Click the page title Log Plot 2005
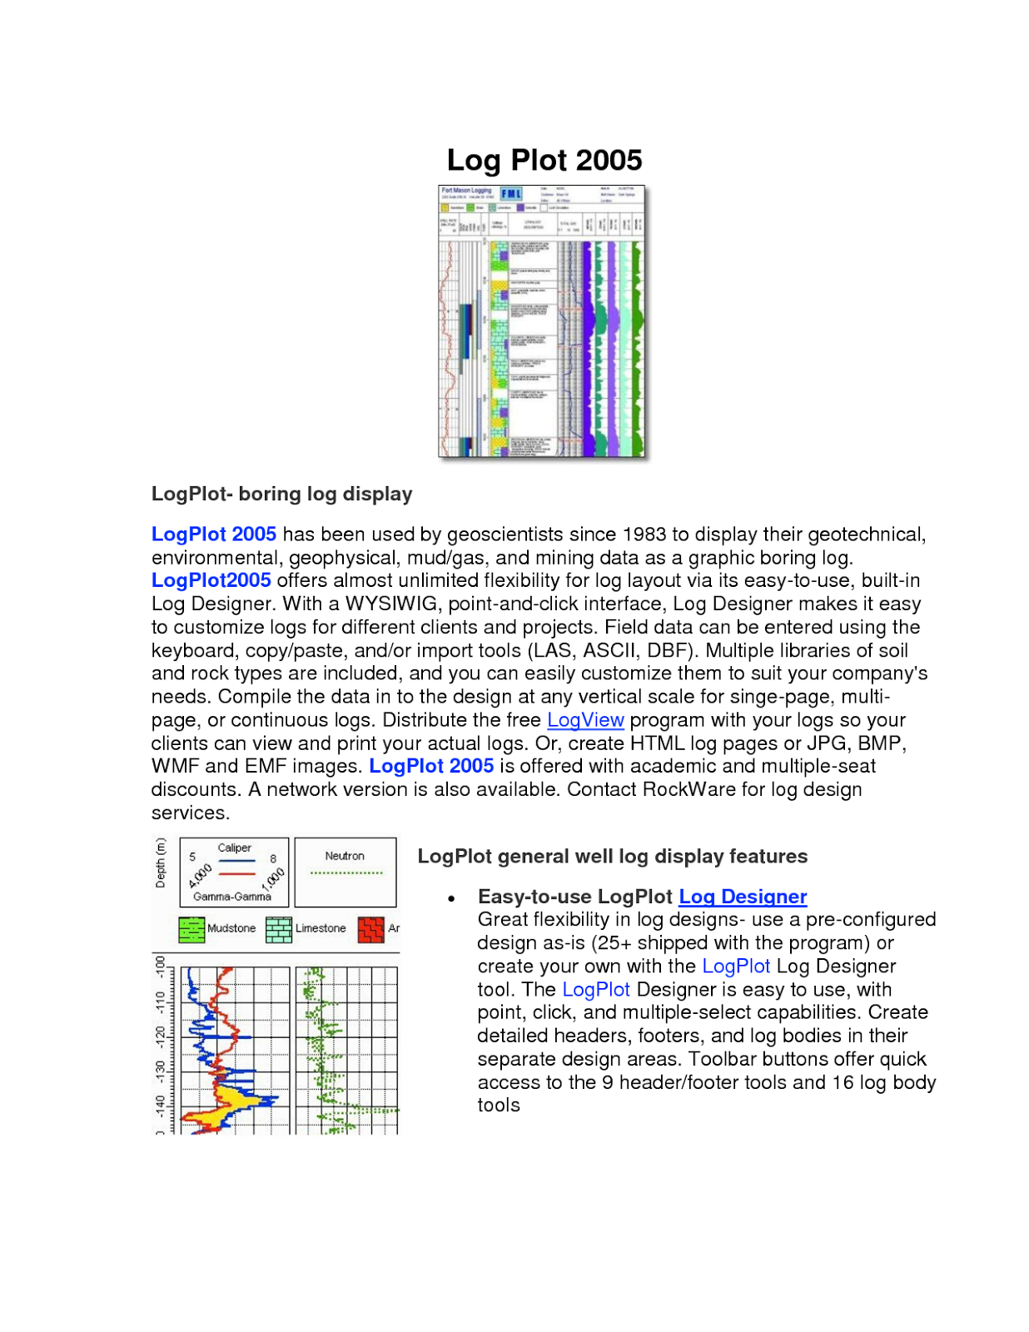(544, 160)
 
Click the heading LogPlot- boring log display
(281, 494)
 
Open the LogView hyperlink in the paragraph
(585, 720)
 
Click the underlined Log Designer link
(743, 897)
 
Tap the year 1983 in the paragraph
(644, 534)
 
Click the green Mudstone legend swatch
(191, 929)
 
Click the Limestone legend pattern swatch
(279, 929)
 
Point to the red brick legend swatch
(370, 929)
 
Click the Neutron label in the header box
(345, 856)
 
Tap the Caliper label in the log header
(234, 847)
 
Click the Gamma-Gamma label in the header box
(232, 897)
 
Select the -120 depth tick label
(161, 1037)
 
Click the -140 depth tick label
(161, 1106)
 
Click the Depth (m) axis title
(161, 862)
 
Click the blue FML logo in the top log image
(510, 193)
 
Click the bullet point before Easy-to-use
(451, 898)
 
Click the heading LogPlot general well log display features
(612, 857)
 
